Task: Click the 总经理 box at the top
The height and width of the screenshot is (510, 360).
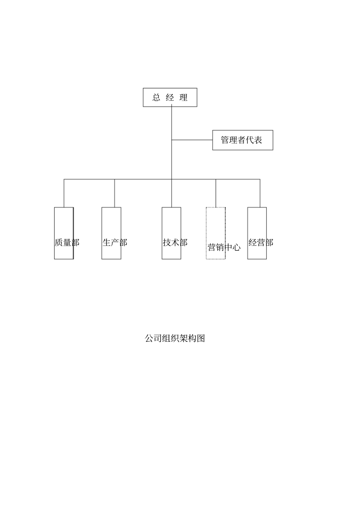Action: coord(170,97)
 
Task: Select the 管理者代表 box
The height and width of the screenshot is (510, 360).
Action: coord(242,140)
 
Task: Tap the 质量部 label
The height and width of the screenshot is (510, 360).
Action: coord(67,242)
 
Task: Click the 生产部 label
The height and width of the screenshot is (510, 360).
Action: coord(114,242)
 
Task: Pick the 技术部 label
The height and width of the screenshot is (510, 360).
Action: coord(175,242)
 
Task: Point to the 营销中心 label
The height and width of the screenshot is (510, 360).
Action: coord(224,247)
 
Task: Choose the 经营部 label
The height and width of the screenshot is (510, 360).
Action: coord(261,242)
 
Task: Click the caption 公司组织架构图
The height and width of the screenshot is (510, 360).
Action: coord(175,338)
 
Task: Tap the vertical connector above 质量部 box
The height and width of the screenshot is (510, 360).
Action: coord(64,193)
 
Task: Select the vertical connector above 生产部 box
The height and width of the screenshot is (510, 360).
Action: coord(114,193)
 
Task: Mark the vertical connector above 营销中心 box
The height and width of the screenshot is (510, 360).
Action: coord(216,193)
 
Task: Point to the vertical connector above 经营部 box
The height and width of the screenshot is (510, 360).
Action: coord(260,193)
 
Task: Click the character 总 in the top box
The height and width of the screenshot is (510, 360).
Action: coord(156,98)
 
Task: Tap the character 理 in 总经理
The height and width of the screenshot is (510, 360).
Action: coord(184,98)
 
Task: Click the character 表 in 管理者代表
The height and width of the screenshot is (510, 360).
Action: coord(258,140)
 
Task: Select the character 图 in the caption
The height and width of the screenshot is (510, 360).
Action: coord(201,338)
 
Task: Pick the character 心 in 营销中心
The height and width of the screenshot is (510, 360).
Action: coord(236,247)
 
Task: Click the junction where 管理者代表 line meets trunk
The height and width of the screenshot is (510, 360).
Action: coord(172,140)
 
